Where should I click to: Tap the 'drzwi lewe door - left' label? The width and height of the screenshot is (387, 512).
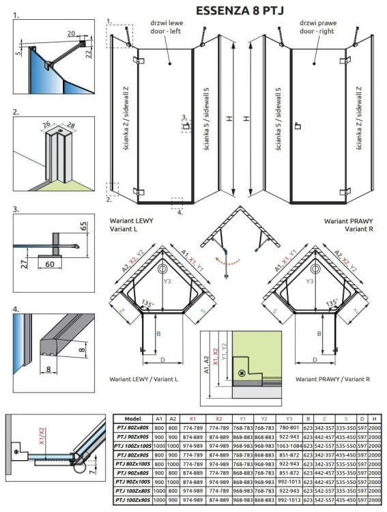coord(165,28)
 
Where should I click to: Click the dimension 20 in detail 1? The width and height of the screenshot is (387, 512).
coord(71,32)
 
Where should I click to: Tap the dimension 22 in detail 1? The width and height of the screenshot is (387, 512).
coord(89,54)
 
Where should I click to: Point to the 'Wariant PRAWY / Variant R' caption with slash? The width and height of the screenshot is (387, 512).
coord(329,378)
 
